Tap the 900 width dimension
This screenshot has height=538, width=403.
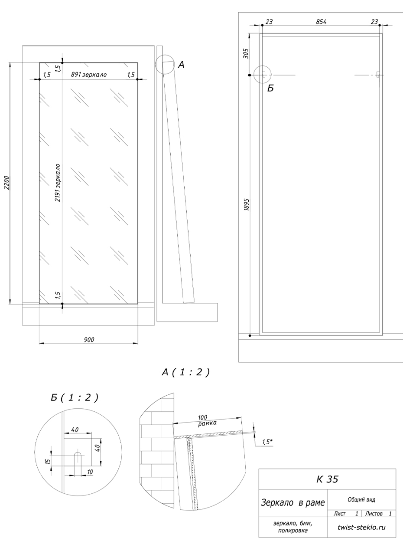point(89,340)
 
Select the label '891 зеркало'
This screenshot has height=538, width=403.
point(89,75)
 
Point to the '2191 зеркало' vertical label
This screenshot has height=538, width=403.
point(57,183)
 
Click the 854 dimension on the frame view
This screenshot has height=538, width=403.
point(321,22)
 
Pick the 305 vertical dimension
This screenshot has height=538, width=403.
point(246,53)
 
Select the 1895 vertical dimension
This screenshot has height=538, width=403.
point(246,204)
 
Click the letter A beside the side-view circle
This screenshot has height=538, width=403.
point(181,65)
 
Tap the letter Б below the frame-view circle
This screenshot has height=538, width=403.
point(270,88)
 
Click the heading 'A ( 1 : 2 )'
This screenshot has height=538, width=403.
point(186,372)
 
